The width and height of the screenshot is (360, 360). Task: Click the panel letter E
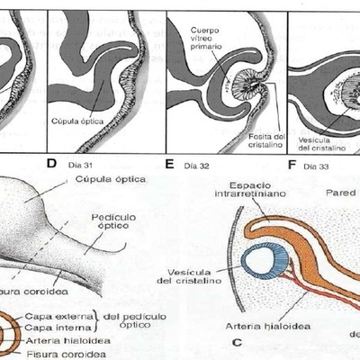pyautogui.click(x=170, y=165)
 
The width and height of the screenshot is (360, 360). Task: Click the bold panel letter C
pyautogui.click(x=236, y=342)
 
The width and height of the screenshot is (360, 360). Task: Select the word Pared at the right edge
pyautogui.click(x=341, y=193)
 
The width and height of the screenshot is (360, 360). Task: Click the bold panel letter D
pyautogui.click(x=50, y=164)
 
